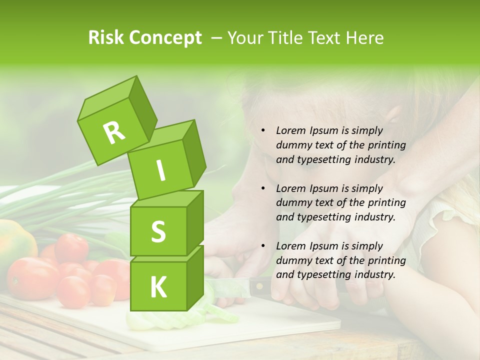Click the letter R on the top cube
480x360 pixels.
tap(114, 132)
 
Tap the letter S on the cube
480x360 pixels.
tap(158, 232)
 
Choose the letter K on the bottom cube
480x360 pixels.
tap(158, 287)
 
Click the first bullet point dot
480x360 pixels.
tap(263, 131)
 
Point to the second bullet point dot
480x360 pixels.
tap(263, 188)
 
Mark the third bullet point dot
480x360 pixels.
tap(263, 246)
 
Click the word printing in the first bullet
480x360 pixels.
tap(386, 145)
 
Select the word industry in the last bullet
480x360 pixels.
tap(375, 274)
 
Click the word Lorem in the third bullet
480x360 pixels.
tap(290, 246)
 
